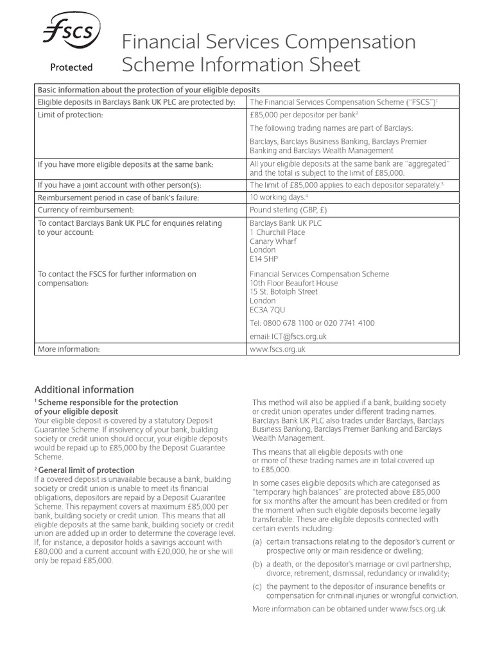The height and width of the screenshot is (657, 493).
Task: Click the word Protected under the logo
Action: click(72, 67)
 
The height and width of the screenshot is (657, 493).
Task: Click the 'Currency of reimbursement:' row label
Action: click(85, 210)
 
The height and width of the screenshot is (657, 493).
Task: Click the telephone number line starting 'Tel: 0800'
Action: click(312, 323)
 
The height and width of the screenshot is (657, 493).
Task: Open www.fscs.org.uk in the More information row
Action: click(277, 349)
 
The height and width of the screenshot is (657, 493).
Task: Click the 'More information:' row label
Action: click(69, 349)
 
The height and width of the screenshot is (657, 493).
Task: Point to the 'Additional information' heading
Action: click(84, 389)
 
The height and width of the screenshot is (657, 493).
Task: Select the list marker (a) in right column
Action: click(257, 543)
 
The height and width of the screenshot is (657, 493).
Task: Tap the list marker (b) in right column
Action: click(257, 564)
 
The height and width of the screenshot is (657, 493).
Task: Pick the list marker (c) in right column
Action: click(257, 586)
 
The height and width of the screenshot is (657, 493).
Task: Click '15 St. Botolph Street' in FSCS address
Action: click(283, 292)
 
